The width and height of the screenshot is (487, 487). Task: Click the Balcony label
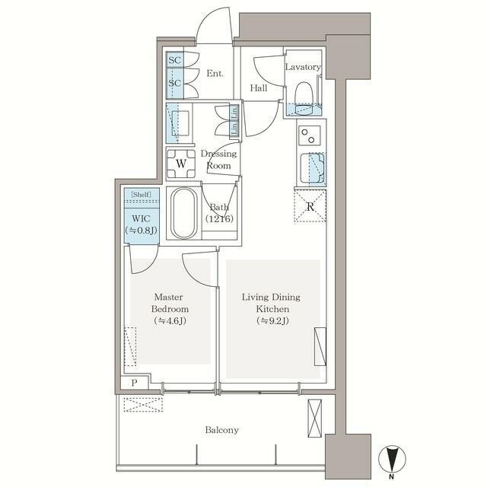coord(221,430)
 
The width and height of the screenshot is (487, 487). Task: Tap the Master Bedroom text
coord(170,303)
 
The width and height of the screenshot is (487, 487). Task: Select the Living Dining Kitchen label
coord(271,303)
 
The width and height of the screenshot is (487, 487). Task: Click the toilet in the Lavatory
coord(303,98)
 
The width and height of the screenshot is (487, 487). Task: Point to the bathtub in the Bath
coord(184,213)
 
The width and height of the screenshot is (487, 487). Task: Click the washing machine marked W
coord(181,164)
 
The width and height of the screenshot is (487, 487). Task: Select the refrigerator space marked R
coord(310,206)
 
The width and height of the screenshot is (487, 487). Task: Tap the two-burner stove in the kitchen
coord(310,135)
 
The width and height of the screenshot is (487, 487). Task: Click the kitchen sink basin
coord(313,168)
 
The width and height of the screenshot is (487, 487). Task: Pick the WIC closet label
coord(142,218)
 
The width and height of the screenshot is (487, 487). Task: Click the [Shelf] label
coord(142,195)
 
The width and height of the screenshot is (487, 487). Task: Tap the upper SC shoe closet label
coord(175,60)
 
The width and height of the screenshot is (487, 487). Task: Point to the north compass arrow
coord(393,458)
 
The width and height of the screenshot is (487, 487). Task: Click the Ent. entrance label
coord(215,74)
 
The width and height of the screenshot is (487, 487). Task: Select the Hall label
coord(259,88)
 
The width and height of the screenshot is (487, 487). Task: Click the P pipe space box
coord(134,383)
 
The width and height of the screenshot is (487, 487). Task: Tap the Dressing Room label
coord(218,159)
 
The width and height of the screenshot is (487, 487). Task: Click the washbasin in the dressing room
coord(180,123)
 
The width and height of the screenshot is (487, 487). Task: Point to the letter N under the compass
coord(392,477)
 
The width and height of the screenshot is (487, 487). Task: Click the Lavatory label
coord(303,67)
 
